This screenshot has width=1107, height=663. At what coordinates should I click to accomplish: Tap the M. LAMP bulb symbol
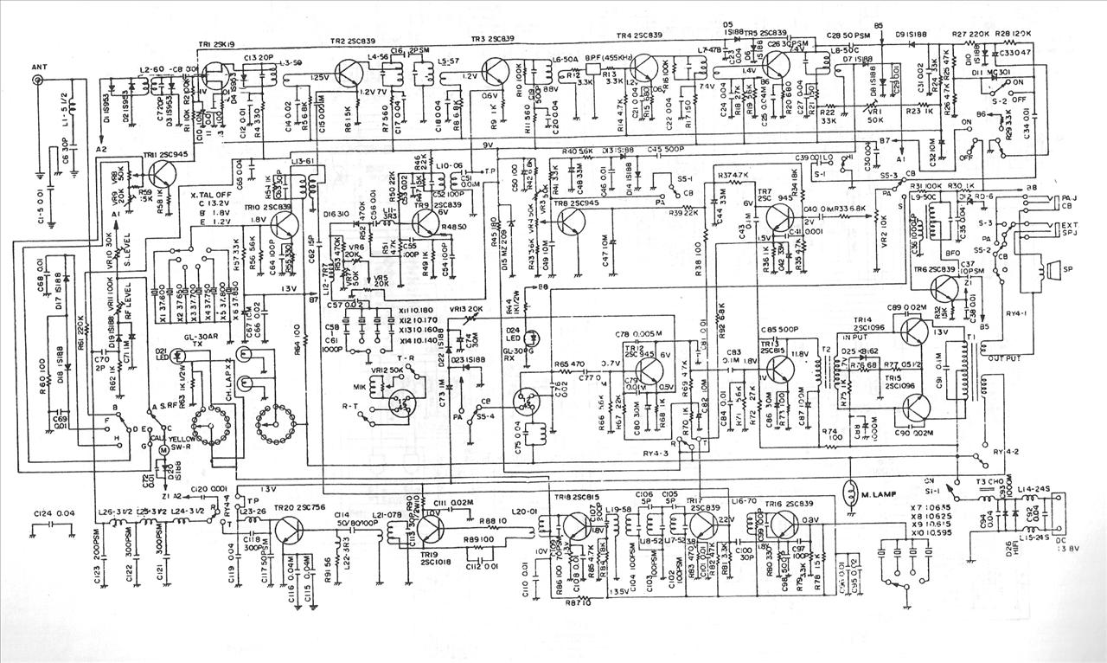tap(851, 492)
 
